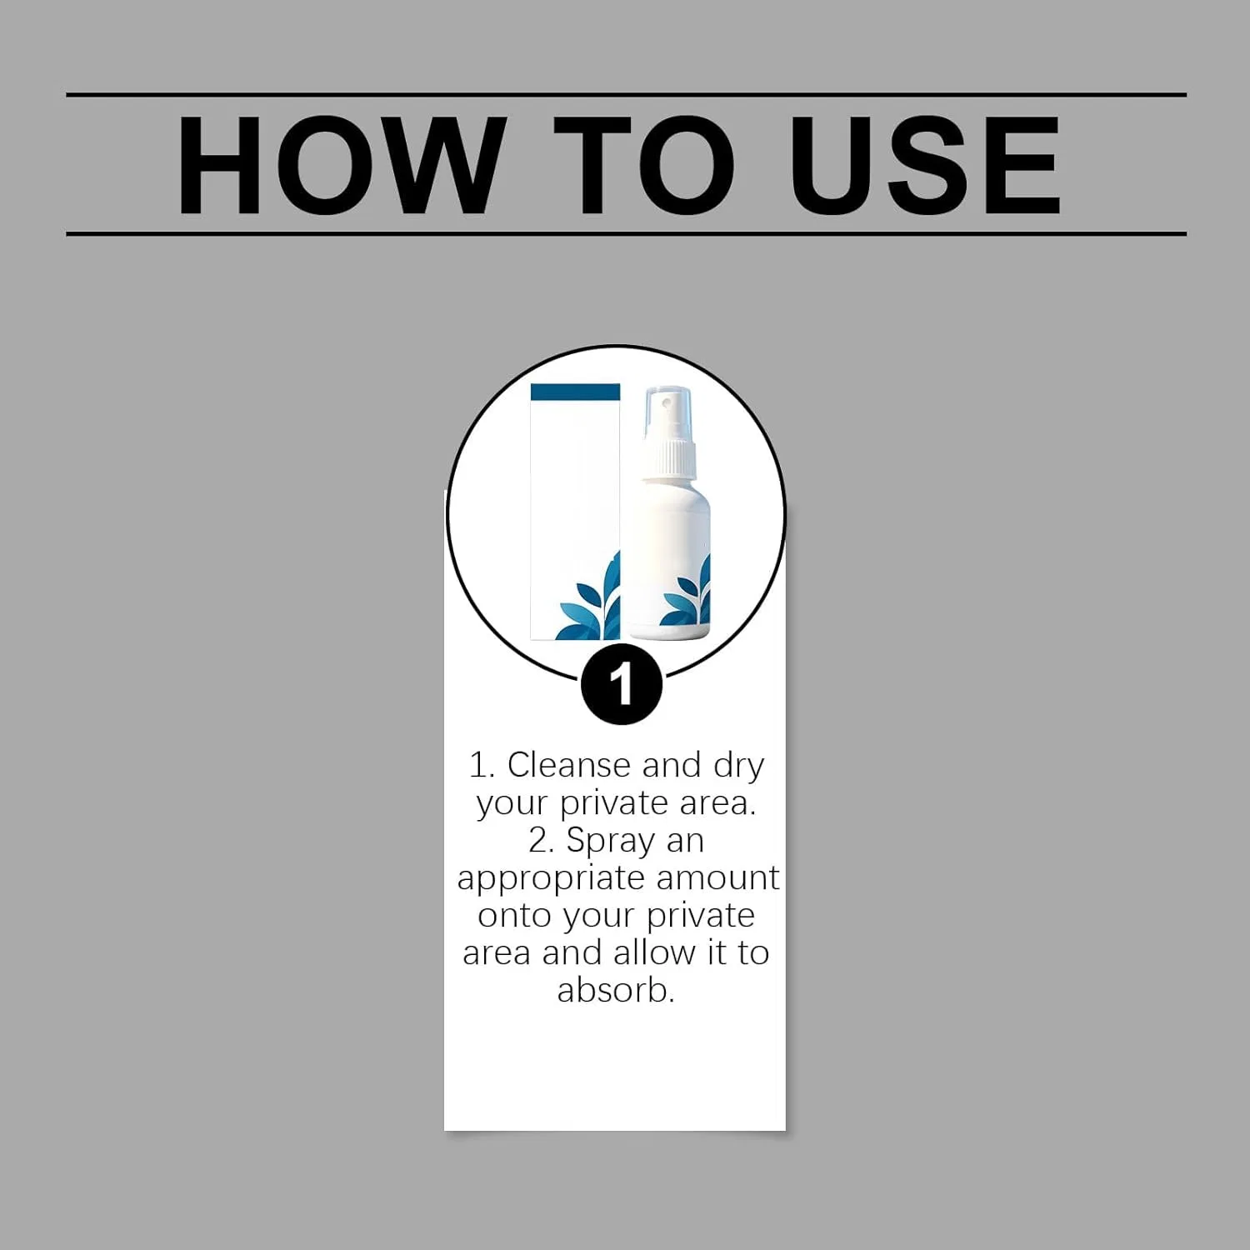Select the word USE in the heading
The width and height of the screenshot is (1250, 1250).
coord(925,165)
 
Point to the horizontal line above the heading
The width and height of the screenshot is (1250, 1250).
coord(626,95)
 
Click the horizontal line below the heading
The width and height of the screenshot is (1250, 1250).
coord(626,234)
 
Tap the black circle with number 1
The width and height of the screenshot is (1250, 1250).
coord(621,685)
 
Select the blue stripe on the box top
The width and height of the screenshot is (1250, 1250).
coord(575,392)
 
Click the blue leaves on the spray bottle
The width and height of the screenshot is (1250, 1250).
coord(688,593)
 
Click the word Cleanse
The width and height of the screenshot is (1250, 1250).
coord(569,765)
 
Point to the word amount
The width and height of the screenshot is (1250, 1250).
coord(717,878)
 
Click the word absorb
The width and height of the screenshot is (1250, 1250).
coord(616,990)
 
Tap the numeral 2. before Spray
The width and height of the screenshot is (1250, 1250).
coord(542,840)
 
